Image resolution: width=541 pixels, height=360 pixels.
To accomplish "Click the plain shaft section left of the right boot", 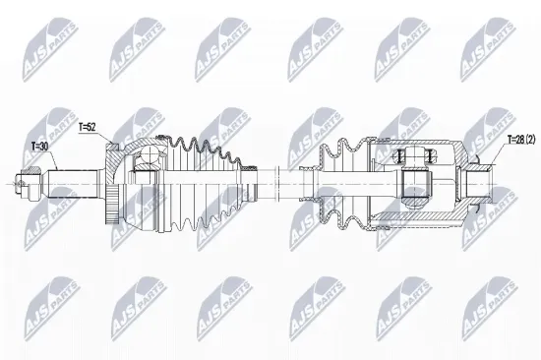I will (295, 181).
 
